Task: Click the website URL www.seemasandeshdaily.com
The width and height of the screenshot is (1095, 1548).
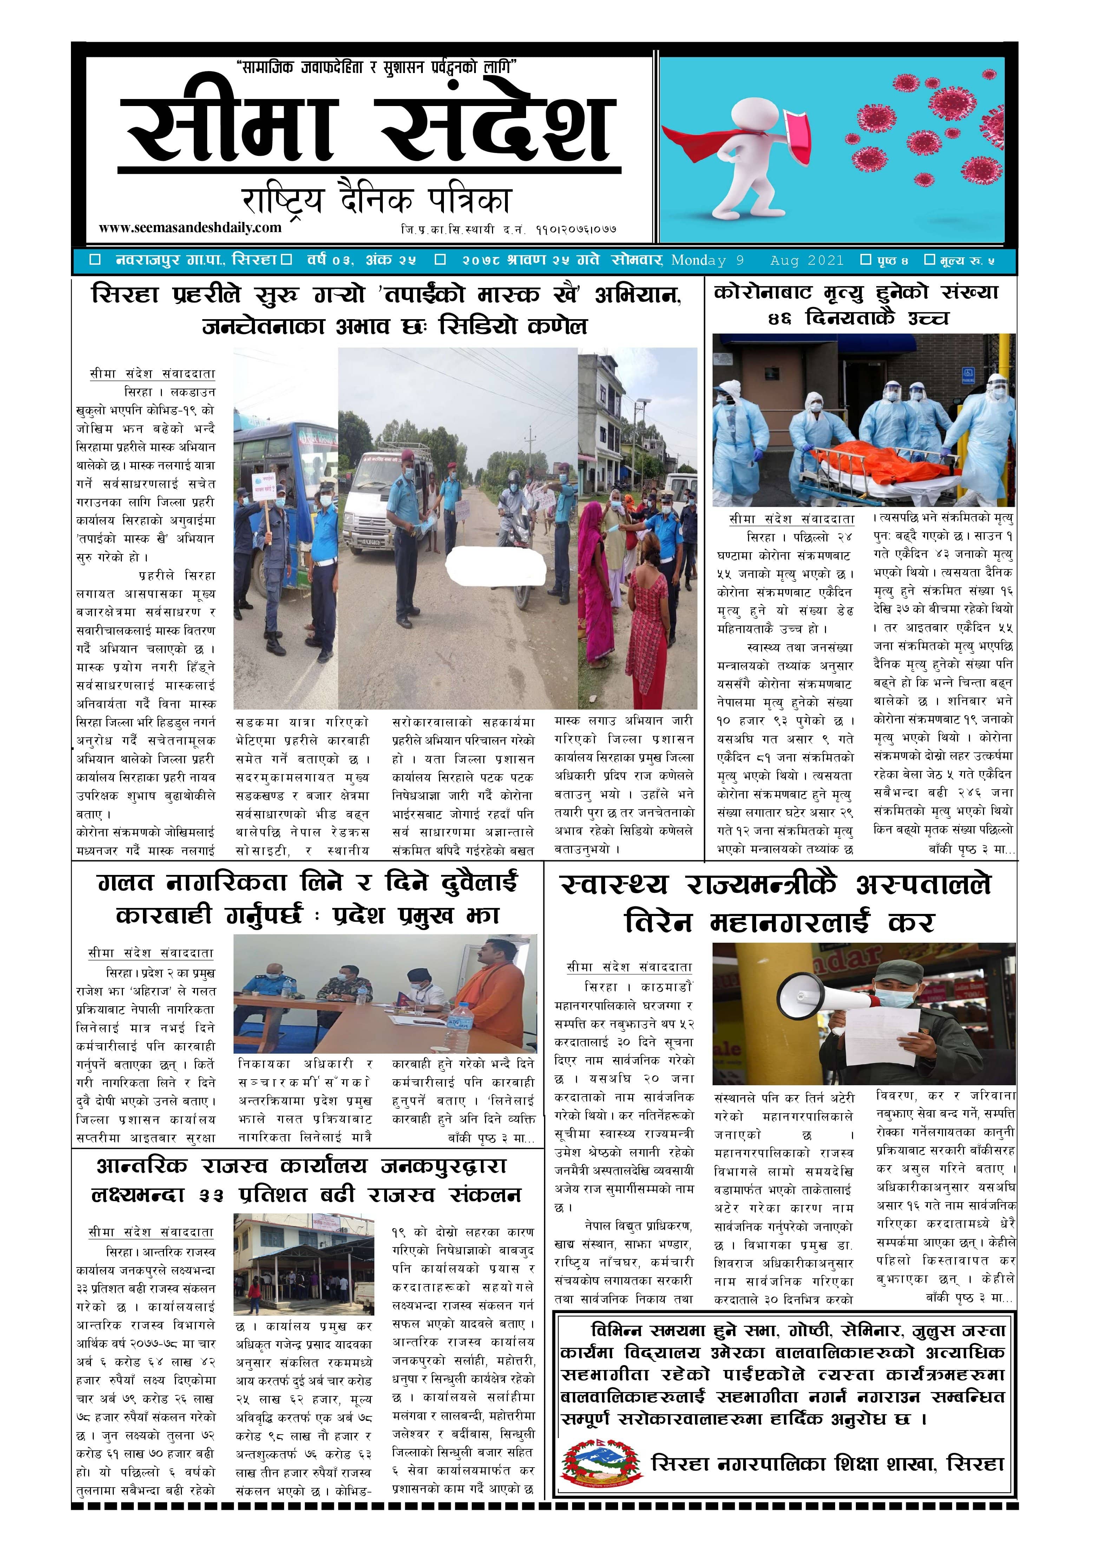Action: point(190,228)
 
